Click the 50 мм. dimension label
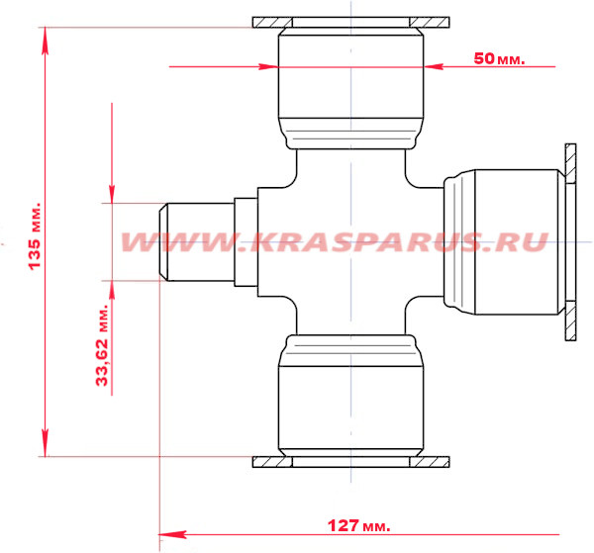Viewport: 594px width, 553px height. click(499, 58)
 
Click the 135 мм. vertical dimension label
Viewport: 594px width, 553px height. click(35, 236)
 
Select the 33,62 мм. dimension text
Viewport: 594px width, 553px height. click(102, 344)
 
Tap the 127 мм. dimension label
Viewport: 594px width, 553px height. click(358, 525)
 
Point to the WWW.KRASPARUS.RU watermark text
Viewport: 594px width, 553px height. click(335, 241)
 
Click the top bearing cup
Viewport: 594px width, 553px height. click(350, 88)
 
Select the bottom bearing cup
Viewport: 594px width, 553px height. click(350, 396)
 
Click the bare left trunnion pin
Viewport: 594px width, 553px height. click(196, 241)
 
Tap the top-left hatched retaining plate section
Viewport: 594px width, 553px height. click(272, 23)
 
